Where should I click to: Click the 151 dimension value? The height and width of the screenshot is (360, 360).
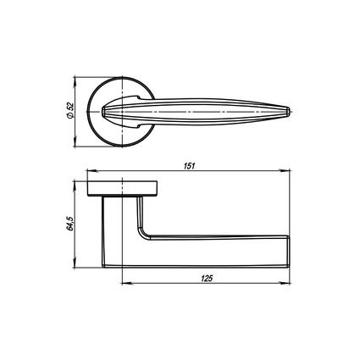(189, 166)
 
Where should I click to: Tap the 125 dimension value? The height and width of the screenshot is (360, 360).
(207, 279)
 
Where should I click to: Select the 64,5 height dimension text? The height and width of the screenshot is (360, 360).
(69, 224)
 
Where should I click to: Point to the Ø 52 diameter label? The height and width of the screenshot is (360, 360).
(69, 110)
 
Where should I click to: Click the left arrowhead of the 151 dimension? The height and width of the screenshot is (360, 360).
(92, 170)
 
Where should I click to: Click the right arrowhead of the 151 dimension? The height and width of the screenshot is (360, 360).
(285, 170)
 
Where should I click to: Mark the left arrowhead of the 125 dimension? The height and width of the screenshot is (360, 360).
(126, 283)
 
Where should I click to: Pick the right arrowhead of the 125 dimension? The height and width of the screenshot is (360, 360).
(285, 283)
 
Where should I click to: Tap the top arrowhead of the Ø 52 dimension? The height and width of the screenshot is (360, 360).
(75, 81)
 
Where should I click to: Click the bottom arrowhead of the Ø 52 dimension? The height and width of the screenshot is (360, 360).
(75, 141)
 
